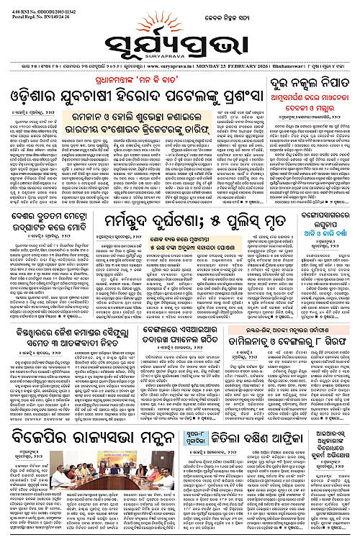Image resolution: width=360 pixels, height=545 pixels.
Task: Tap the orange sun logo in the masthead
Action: point(180,16)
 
